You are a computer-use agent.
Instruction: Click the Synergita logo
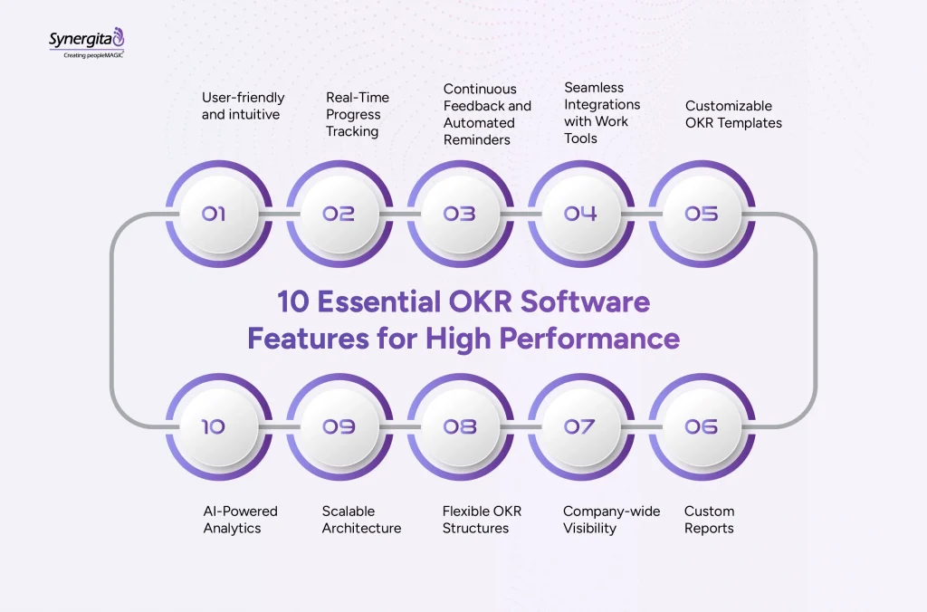click(x=85, y=42)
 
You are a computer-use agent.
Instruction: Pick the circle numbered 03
click(x=460, y=214)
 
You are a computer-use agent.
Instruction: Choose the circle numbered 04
click(x=580, y=214)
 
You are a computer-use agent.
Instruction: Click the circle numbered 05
click(x=702, y=214)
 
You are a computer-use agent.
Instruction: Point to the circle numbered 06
click(x=702, y=426)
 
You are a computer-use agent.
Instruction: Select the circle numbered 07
click(x=580, y=426)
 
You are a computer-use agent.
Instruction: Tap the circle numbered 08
click(x=460, y=426)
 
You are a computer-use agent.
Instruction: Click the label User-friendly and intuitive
click(x=243, y=106)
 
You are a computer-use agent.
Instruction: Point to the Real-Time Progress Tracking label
click(x=354, y=114)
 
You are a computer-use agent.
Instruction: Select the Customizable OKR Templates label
click(x=733, y=114)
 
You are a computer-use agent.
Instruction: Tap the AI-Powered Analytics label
click(x=240, y=520)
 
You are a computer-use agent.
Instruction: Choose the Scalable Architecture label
click(x=361, y=520)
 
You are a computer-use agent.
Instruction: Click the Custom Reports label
click(x=709, y=520)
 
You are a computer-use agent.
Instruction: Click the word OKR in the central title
click(x=456, y=301)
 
